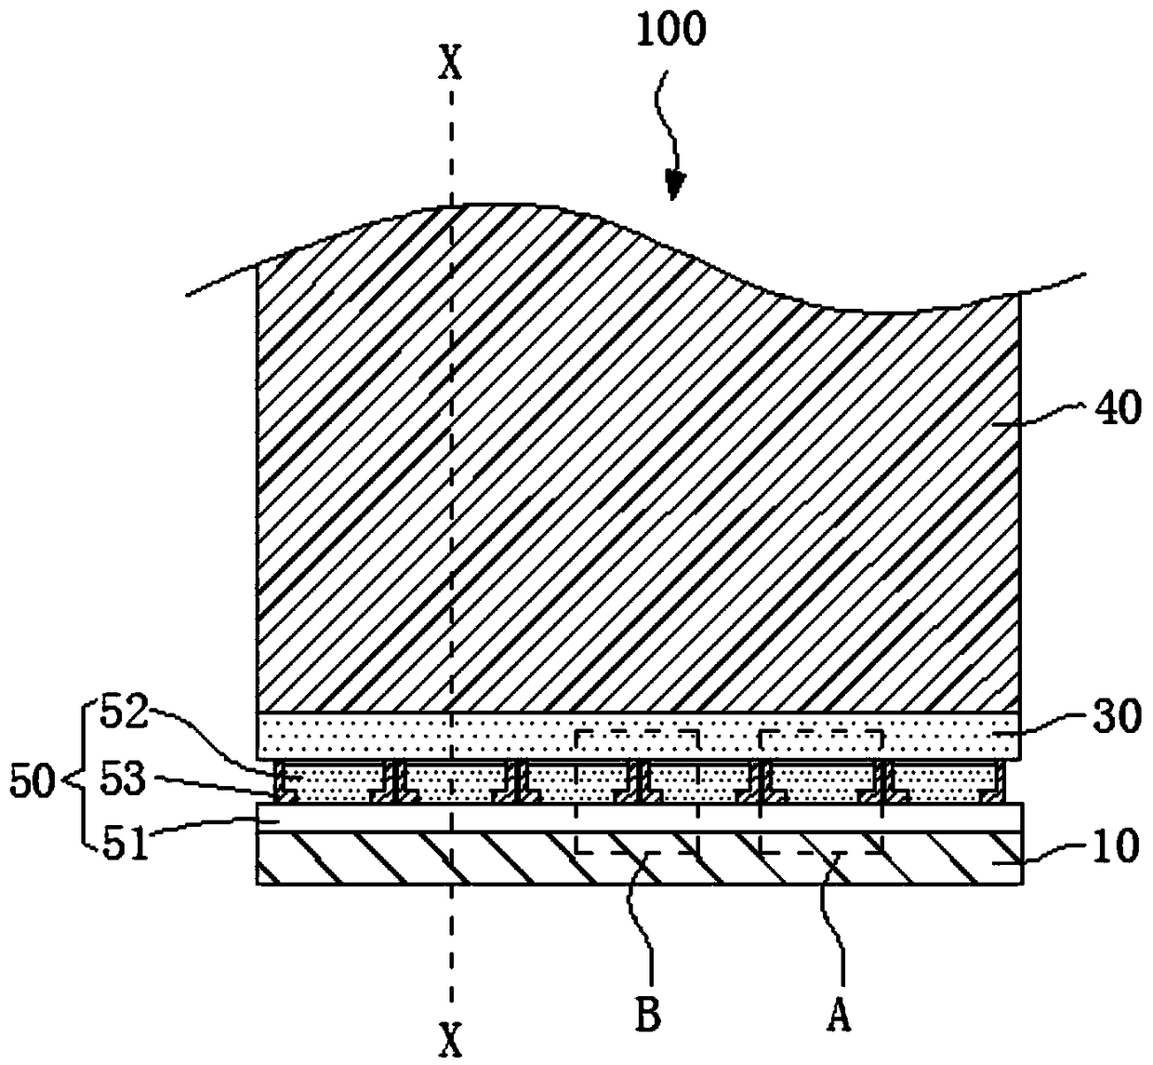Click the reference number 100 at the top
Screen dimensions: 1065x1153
tap(671, 30)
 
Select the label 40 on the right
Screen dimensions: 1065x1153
tap(1118, 408)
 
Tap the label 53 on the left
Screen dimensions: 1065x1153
tap(123, 779)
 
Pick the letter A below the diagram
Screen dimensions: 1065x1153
tap(840, 1017)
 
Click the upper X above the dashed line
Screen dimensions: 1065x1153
tap(450, 64)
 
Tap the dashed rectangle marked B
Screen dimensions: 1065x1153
tap(637, 792)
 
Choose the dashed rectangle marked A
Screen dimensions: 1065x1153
tap(821, 792)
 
